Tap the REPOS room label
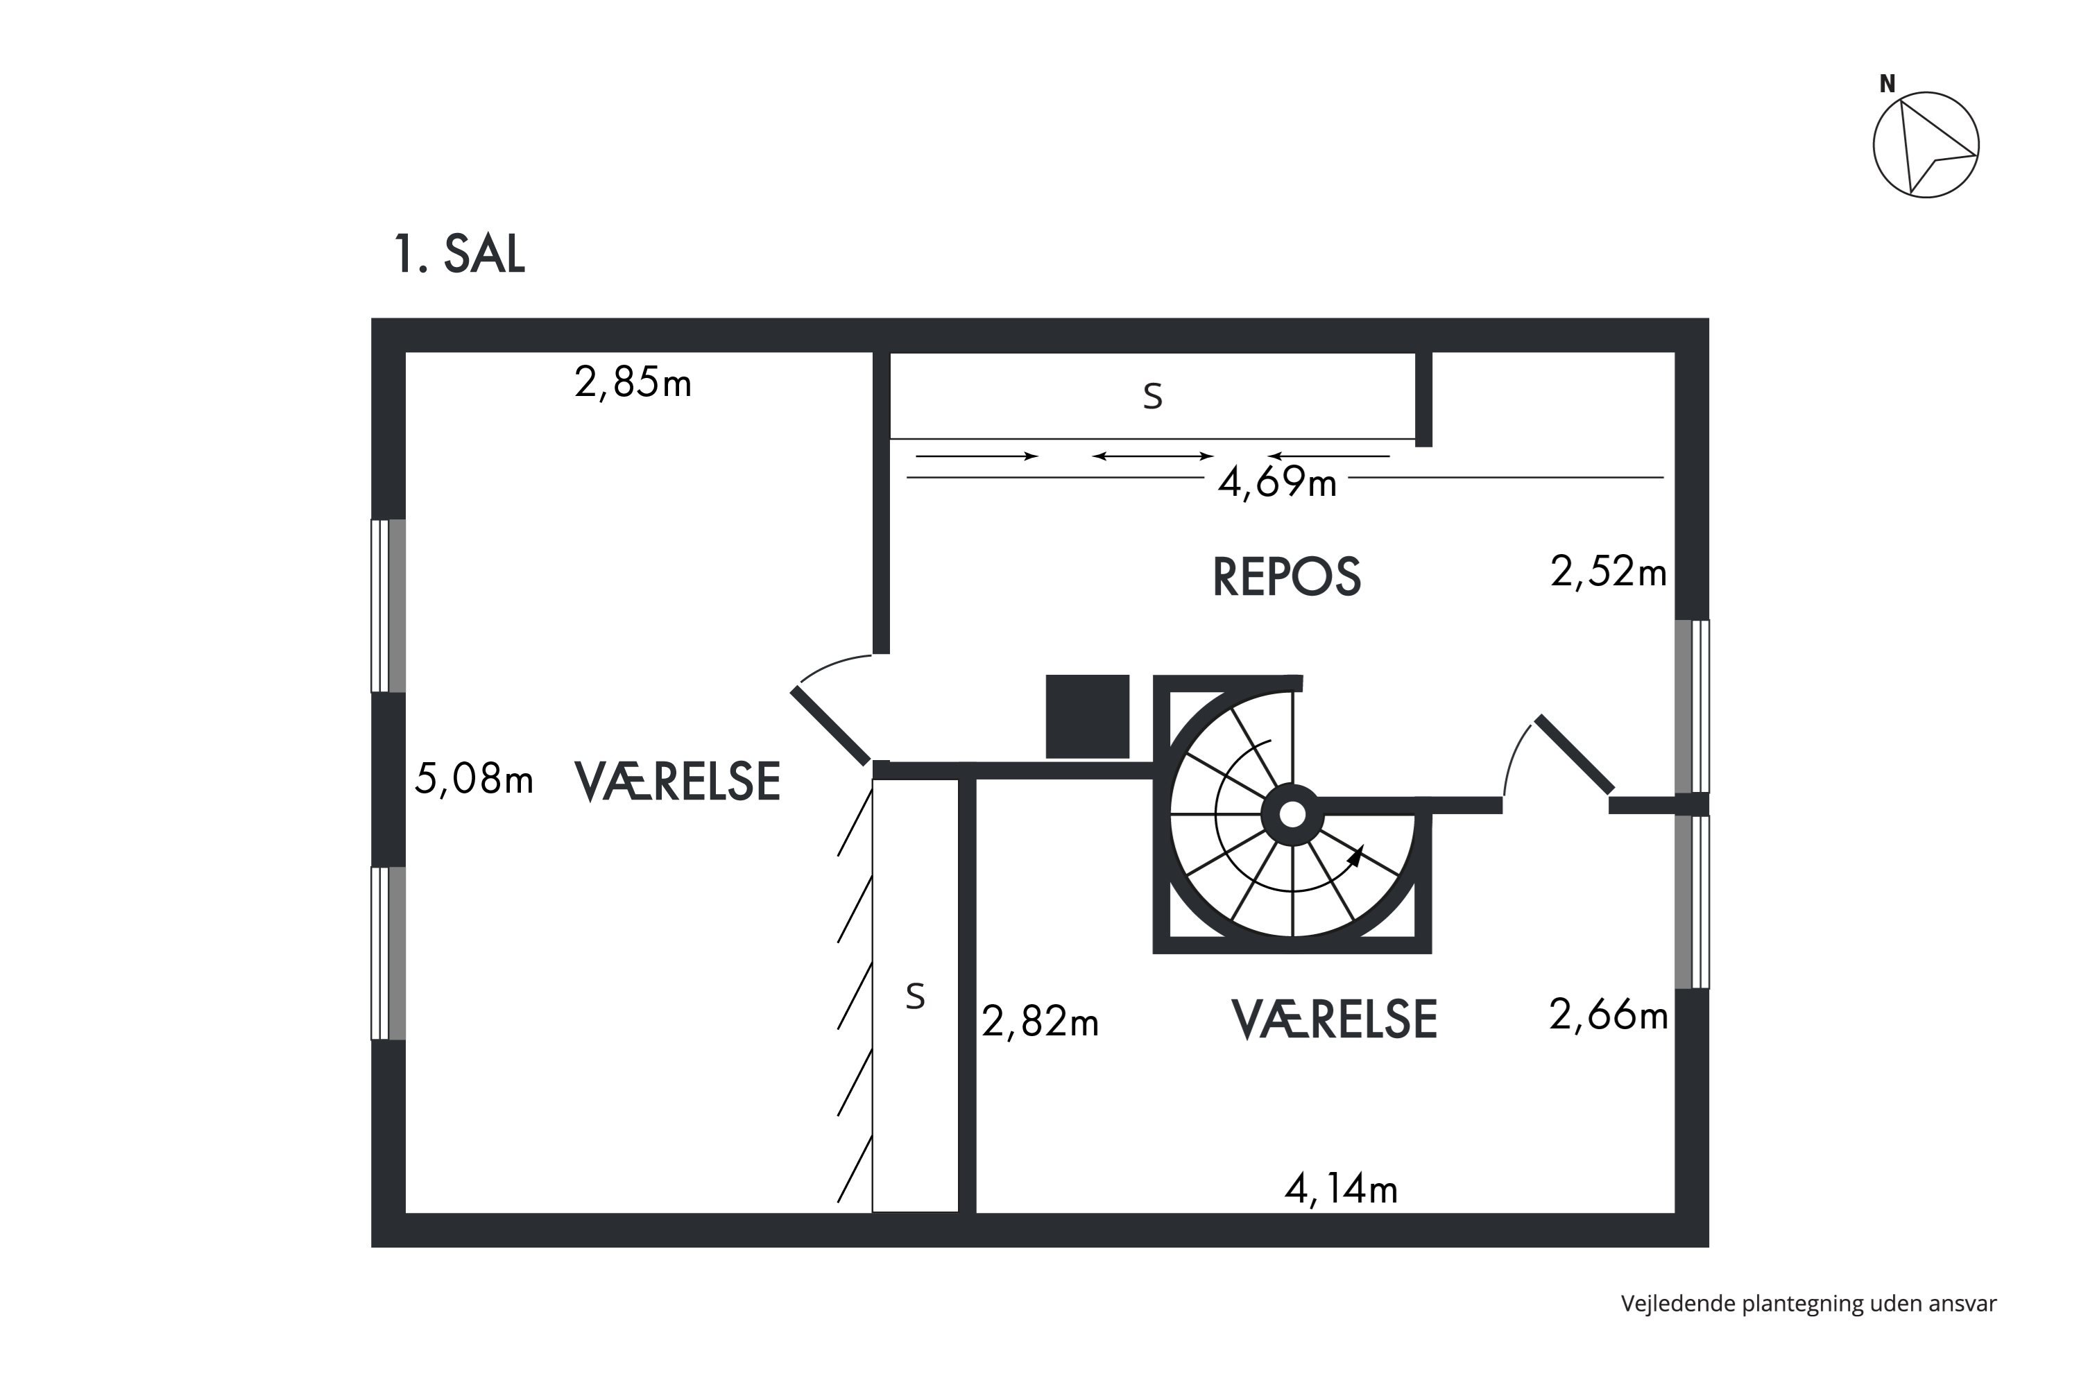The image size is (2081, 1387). coord(1287,577)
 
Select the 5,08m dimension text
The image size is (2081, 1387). coord(474,779)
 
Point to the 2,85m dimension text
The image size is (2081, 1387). coord(633,382)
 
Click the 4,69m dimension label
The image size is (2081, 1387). coord(1277,482)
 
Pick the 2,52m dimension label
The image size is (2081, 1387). coord(1609,571)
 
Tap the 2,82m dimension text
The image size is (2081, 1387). coord(1040,1022)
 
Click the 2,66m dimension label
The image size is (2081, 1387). coord(1609,1015)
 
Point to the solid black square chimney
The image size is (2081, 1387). coord(1088,716)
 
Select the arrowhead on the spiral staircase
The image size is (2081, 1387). coord(1355,854)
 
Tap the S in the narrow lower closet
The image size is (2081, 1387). coord(916,997)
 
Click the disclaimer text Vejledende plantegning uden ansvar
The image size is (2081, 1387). coord(1808,1303)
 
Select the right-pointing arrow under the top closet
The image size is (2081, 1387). coord(977,456)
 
